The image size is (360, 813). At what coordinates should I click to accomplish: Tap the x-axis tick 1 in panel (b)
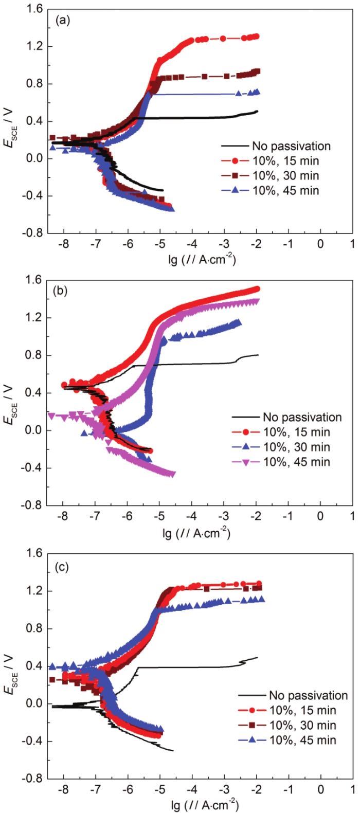click(x=352, y=516)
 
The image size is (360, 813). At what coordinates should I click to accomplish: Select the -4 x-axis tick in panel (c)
click(x=191, y=788)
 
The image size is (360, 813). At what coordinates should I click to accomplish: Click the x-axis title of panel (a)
click(x=200, y=258)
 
